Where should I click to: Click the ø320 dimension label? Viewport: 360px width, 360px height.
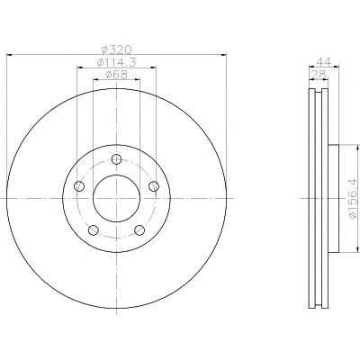(116, 49)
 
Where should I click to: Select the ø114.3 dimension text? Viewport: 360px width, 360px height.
(116, 62)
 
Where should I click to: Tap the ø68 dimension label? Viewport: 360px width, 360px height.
(116, 74)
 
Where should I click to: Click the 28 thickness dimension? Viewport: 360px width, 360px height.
(319, 74)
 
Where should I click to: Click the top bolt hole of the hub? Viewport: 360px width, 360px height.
(116, 159)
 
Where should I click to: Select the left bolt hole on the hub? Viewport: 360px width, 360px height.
(79, 186)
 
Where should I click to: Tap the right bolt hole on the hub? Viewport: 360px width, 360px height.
(154, 186)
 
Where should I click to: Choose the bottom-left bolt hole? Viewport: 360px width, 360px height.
(94, 230)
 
